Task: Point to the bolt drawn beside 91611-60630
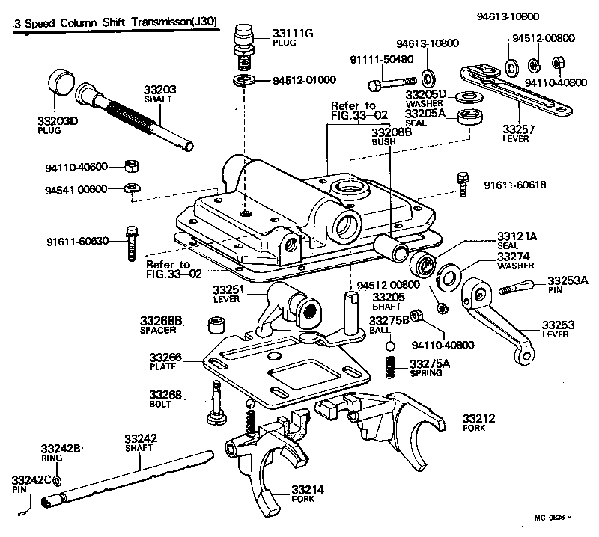point(133,241)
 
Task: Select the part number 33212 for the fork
point(478,417)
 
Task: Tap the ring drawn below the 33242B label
point(59,478)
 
